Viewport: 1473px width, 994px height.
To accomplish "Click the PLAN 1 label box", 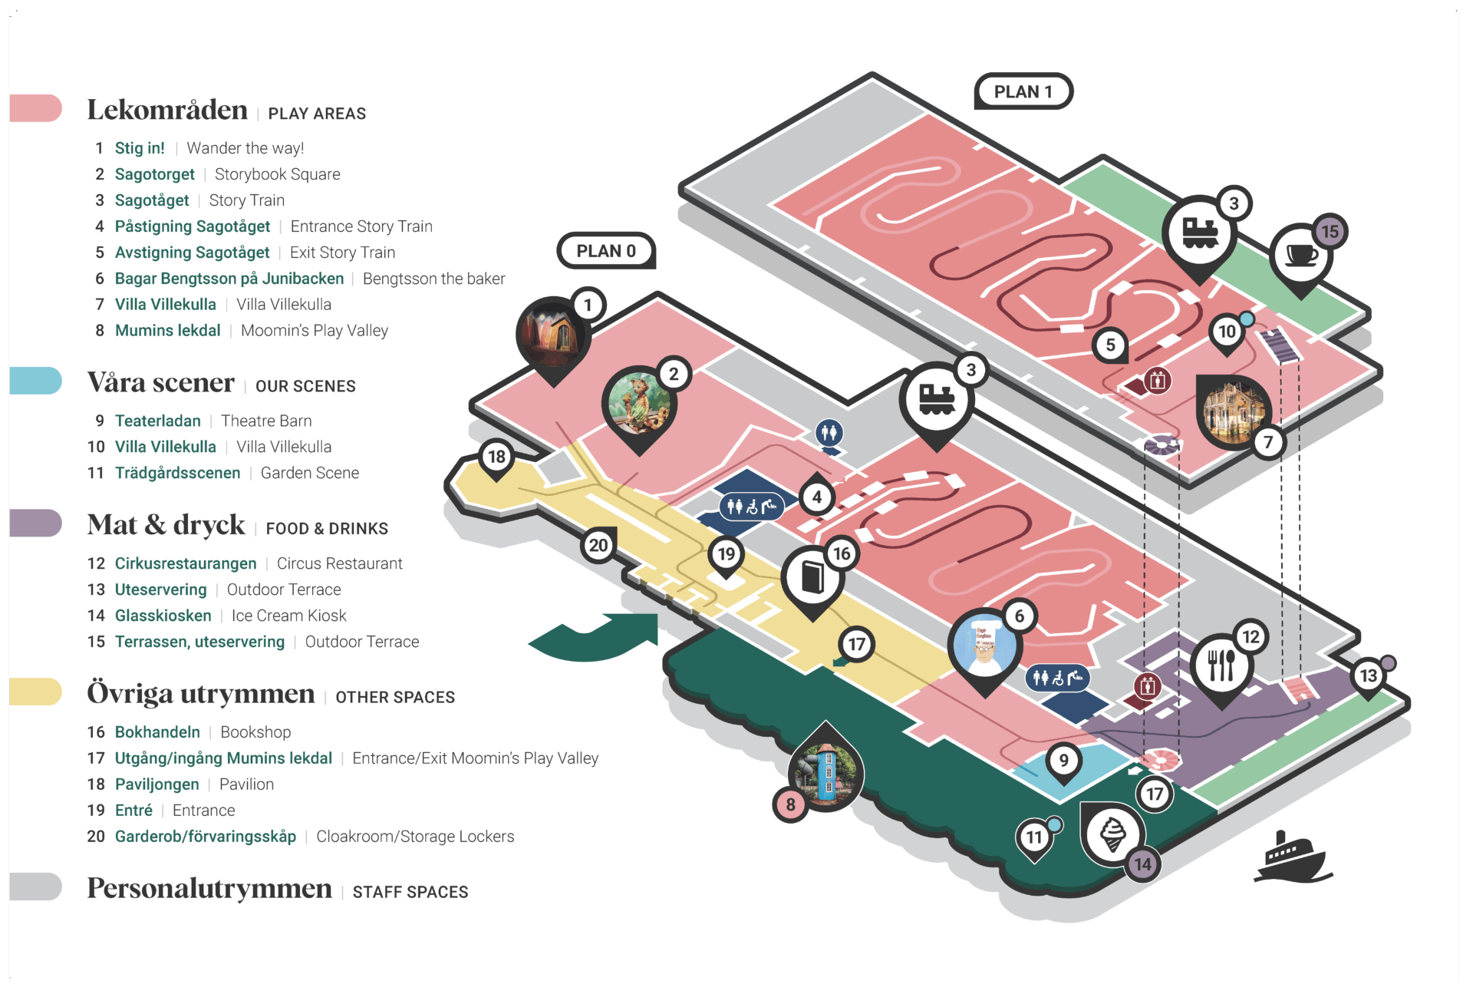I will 1023,92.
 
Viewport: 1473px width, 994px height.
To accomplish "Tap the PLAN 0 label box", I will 606,251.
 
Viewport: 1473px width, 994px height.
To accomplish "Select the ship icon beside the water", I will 1293,857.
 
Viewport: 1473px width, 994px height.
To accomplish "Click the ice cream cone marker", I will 1112,834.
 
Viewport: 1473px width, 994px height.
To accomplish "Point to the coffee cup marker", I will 1301,255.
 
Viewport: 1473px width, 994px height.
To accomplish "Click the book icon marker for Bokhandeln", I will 812,577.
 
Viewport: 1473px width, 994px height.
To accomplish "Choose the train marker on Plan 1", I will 1199,233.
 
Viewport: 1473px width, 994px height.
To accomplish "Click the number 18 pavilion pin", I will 496,457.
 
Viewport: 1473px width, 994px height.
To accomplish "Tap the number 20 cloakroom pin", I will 598,546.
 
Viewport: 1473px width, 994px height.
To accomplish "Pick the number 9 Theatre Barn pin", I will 1063,761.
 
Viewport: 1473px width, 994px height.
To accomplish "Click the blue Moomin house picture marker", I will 825,768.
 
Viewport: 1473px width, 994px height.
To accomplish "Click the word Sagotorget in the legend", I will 154,174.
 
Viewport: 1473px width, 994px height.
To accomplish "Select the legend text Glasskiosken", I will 163,616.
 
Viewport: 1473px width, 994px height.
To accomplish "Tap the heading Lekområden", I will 167,111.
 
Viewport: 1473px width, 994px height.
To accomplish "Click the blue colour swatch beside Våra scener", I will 36,381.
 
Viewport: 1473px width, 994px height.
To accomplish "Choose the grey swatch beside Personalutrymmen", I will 36,887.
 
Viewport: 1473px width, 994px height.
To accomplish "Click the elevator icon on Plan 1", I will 1157,380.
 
